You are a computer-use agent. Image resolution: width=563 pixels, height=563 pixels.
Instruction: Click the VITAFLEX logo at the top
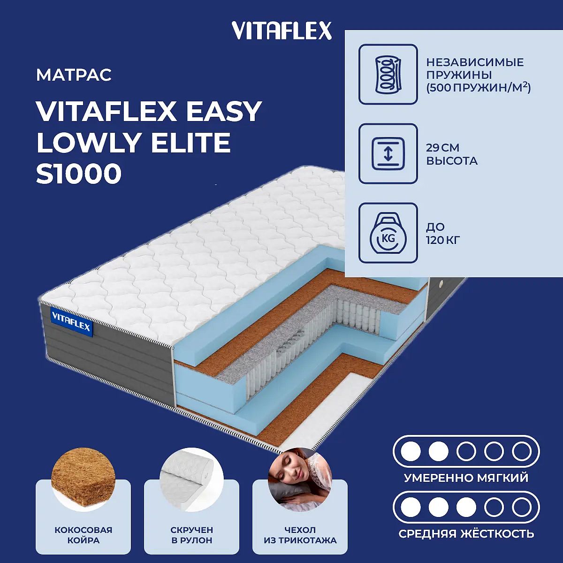click(x=281, y=30)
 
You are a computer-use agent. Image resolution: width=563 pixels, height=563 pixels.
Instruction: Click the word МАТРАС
click(x=74, y=75)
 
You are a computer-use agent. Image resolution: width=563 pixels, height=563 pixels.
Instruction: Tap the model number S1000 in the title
click(x=79, y=174)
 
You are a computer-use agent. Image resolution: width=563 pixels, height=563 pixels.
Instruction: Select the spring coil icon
click(x=388, y=74)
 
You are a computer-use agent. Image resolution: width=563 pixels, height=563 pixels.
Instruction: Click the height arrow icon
click(x=388, y=153)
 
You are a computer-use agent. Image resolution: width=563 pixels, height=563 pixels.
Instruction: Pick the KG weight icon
click(x=388, y=233)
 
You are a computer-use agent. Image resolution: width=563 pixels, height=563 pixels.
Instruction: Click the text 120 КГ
click(x=443, y=240)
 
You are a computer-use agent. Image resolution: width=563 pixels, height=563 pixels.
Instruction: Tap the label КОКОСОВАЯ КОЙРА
click(x=83, y=535)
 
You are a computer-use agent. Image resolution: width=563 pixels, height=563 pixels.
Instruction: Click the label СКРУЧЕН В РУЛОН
click(x=192, y=535)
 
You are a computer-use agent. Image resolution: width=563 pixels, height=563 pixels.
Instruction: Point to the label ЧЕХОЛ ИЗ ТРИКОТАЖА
click(x=300, y=535)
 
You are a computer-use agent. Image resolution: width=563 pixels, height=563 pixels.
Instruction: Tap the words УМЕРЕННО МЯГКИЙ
click(x=466, y=478)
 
